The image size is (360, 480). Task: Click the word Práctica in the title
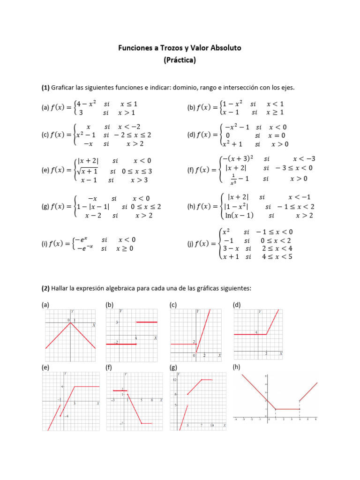pyautogui.click(x=180, y=60)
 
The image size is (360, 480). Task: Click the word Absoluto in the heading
pyautogui.click(x=224, y=48)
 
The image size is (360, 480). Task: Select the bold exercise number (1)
pyautogui.click(x=45, y=88)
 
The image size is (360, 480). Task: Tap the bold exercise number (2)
pyautogui.click(x=45, y=289)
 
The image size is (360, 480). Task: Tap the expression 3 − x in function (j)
pyautogui.click(x=231, y=248)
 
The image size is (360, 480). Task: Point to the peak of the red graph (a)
pyautogui.click(x=70, y=323)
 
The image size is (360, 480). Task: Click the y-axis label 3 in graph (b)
pyautogui.click(x=117, y=322)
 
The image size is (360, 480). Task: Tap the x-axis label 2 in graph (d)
pyautogui.click(x=266, y=352)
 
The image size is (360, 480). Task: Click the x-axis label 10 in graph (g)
pyautogui.click(x=212, y=425)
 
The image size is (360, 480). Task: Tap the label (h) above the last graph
pyautogui.click(x=236, y=368)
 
